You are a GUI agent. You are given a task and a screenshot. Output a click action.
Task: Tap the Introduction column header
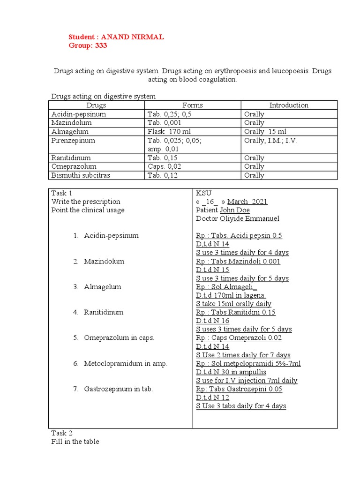coord(289,105)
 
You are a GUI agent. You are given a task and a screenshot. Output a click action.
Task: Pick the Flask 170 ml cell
coord(170,132)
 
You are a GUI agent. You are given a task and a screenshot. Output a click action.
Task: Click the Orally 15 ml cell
coord(265,132)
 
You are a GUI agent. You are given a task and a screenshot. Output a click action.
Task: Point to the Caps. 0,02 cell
coord(163,166)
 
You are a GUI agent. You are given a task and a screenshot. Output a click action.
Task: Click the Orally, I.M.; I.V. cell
coord(271,141)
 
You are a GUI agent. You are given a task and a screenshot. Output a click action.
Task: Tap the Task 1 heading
coord(62,193)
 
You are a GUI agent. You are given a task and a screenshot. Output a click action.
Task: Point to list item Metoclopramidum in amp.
coord(125,363)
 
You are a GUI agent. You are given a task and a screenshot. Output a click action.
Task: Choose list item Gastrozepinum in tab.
coord(119,389)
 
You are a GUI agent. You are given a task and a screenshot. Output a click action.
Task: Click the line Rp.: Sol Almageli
coord(226,287)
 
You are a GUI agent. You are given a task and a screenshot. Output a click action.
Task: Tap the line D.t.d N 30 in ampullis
coord(235,372)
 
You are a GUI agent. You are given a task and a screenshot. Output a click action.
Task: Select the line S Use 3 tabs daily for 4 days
coord(241,406)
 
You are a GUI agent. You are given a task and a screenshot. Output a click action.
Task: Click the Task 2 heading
coord(62,433)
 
